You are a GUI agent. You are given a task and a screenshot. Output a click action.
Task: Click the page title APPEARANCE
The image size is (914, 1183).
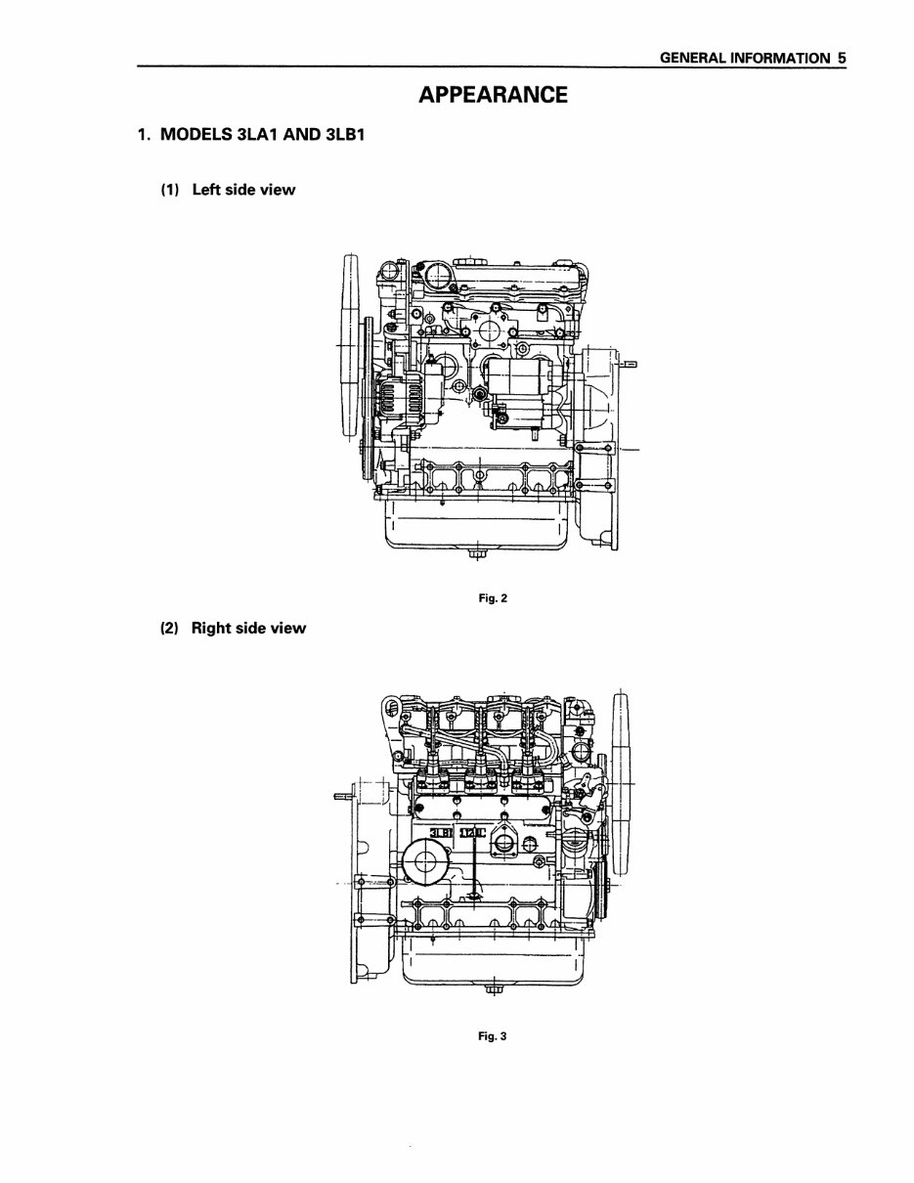[x=492, y=95]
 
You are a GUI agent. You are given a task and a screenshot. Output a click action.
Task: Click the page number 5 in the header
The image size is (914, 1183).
[x=840, y=58]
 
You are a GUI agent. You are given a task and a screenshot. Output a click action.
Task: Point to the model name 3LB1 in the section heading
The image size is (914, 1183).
[x=338, y=134]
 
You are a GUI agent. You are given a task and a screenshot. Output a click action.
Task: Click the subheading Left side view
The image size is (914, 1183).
[x=243, y=190]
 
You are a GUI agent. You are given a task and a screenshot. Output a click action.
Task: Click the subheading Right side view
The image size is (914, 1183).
[x=248, y=628]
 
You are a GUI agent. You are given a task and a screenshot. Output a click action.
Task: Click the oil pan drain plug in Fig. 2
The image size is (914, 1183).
[x=474, y=556]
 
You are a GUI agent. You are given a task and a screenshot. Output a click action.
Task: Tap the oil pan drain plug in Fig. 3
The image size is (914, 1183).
[x=493, y=994]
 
